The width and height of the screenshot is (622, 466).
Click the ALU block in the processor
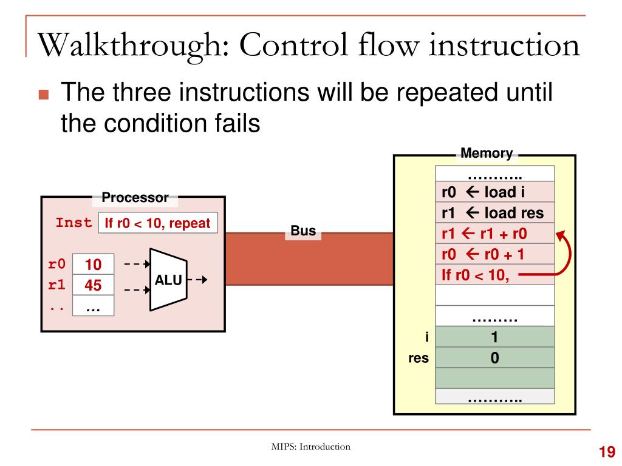click(x=168, y=280)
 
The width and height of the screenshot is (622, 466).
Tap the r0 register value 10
click(x=93, y=265)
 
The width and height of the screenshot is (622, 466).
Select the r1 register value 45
click(x=93, y=285)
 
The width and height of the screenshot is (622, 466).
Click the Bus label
click(x=303, y=231)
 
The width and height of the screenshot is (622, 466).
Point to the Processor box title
click(x=135, y=197)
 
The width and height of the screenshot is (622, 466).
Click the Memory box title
click(x=487, y=154)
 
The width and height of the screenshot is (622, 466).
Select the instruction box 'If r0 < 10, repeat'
click(x=158, y=223)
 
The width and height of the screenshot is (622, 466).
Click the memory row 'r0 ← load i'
click(x=494, y=192)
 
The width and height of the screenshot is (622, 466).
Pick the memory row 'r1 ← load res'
click(x=494, y=212)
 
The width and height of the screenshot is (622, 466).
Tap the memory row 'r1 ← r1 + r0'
click(x=494, y=233)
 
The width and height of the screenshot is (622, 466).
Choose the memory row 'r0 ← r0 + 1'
click(x=494, y=254)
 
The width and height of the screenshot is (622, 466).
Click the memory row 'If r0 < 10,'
click(x=494, y=274)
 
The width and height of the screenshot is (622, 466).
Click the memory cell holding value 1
click(x=494, y=337)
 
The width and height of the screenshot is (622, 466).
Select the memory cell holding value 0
click(x=494, y=357)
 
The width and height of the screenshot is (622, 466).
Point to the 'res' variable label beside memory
click(x=419, y=358)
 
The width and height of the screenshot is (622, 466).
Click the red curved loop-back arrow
click(x=570, y=254)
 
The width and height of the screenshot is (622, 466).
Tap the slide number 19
click(x=607, y=451)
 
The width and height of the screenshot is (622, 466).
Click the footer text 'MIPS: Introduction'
click(x=310, y=447)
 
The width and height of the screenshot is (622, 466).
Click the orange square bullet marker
click(x=44, y=94)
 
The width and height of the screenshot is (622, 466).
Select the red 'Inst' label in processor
click(x=73, y=222)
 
